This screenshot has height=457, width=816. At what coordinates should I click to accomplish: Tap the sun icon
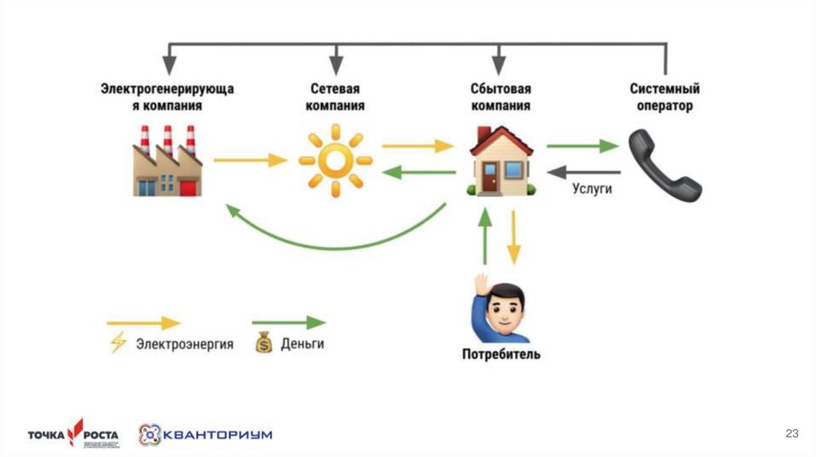(335, 160)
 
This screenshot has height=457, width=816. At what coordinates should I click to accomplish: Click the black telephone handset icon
(664, 166)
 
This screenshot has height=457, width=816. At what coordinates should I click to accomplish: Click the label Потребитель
(500, 353)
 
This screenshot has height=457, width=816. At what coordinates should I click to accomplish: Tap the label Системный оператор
(664, 97)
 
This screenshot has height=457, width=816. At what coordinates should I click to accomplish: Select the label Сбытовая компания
(500, 97)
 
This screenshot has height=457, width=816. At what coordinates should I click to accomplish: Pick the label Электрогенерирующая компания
(167, 97)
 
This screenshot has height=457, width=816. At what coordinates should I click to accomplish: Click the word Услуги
(592, 189)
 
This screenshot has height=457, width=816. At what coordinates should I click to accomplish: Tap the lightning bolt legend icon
(118, 344)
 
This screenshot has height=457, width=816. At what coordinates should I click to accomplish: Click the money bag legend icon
(264, 344)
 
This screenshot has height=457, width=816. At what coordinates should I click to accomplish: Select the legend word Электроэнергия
(184, 345)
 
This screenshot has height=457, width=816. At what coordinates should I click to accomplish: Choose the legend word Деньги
(303, 345)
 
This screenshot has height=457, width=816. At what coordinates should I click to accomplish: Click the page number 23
(791, 433)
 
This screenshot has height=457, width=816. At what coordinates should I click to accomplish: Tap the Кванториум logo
(205, 435)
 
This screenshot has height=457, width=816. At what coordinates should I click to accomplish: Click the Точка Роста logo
(73, 434)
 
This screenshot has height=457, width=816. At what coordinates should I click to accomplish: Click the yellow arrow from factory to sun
(250, 160)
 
